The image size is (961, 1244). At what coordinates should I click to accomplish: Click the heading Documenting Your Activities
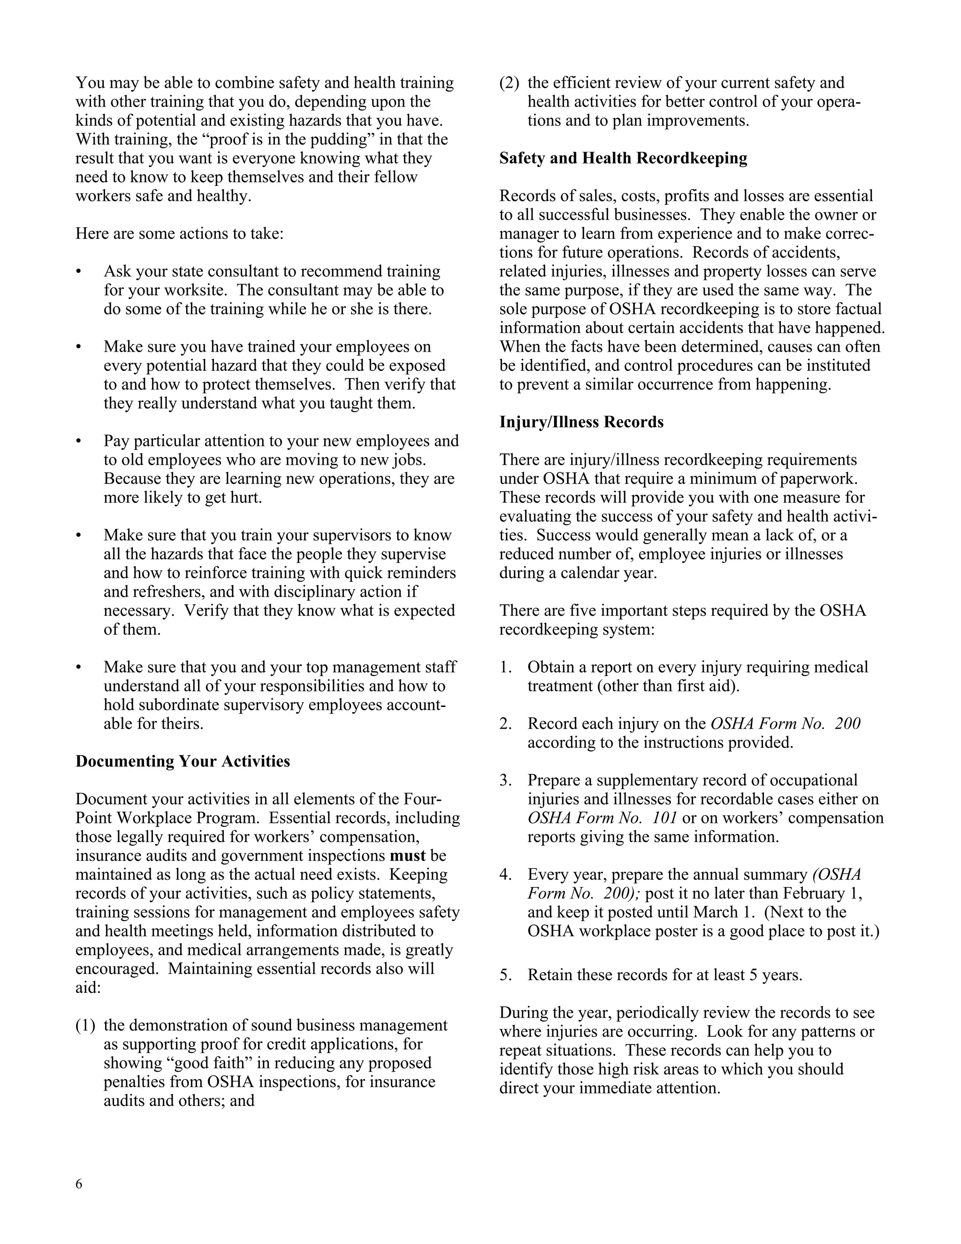coord(182,761)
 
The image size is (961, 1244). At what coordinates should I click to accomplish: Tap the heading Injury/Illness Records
coord(581,422)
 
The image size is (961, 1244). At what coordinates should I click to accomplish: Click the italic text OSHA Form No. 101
coord(602,818)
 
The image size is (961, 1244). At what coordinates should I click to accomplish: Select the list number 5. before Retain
coord(506,975)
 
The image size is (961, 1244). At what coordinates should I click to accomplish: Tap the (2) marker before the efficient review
coord(509,83)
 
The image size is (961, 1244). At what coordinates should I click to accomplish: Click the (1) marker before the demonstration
coord(85,1026)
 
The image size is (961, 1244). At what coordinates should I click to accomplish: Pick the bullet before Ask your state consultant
coord(78,272)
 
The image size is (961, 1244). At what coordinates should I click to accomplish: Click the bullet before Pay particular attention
coord(78,441)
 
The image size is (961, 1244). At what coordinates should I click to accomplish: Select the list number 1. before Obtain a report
coord(505,668)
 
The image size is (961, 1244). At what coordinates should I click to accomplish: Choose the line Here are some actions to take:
coord(179,234)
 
